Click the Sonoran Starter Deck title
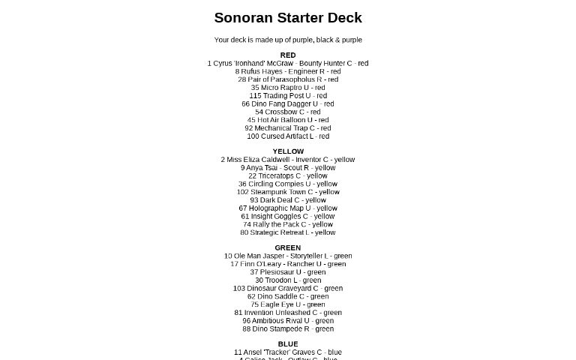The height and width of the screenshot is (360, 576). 288,17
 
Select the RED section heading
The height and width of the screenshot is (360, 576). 288,55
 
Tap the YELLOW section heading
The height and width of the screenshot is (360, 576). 288,151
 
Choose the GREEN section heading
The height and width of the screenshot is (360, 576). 288,247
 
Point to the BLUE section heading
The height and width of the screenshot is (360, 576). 288,344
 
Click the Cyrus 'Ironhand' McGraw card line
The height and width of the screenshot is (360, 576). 288,63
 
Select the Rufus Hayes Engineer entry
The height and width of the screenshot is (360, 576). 288,71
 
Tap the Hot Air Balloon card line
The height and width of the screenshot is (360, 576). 288,120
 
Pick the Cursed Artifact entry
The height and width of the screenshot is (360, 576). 288,136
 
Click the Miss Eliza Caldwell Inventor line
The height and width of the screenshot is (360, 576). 288,160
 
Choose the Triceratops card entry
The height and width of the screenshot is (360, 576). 288,175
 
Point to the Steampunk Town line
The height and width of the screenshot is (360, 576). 288,192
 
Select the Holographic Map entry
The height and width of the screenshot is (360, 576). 288,208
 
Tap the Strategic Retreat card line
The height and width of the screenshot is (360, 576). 288,232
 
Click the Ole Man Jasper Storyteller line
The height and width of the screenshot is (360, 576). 288,256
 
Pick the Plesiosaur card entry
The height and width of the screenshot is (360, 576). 288,272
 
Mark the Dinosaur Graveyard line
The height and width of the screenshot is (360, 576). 288,288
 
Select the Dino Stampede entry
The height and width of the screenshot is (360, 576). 288,328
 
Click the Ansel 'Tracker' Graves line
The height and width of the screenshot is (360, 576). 288,352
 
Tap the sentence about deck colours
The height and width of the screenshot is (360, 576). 288,40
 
